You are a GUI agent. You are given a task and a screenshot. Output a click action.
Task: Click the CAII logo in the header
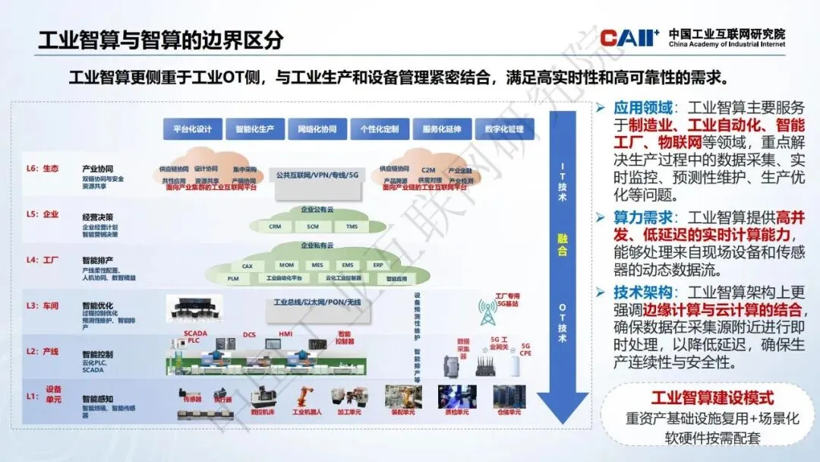[629, 37]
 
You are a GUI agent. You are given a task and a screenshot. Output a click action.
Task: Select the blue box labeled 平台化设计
[192, 128]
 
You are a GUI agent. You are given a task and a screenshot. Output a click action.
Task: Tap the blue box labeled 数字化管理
[504, 128]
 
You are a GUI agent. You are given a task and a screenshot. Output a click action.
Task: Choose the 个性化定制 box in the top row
[380, 128]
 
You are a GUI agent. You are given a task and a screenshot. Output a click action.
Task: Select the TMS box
[352, 226]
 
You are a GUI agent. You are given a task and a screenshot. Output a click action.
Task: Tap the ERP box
[377, 266]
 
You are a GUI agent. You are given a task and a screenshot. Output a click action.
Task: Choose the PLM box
[233, 279]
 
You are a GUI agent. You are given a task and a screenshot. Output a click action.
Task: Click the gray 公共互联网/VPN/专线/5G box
[317, 175]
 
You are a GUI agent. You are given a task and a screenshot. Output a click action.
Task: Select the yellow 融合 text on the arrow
[562, 245]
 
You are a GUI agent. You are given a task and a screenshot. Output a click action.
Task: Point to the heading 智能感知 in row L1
[98, 397]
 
